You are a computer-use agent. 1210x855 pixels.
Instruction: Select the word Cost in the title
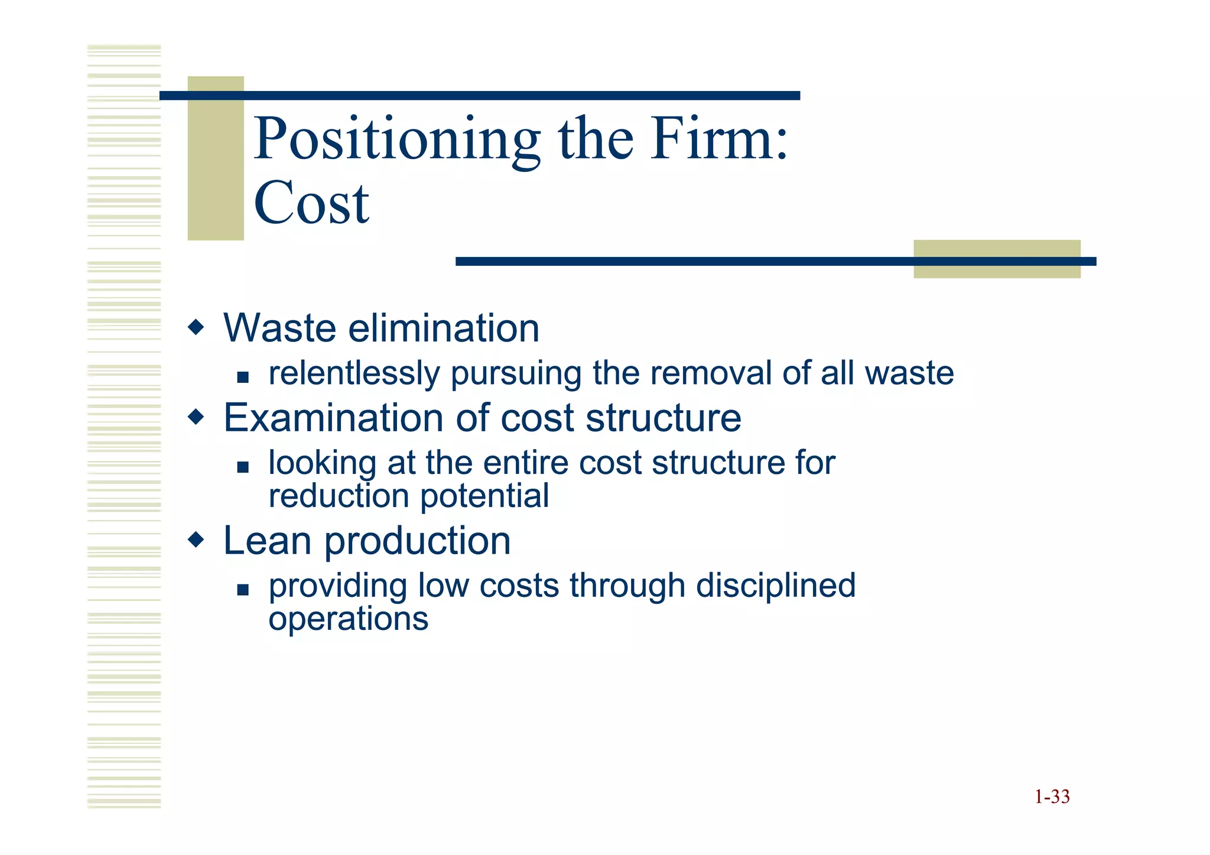coord(311,203)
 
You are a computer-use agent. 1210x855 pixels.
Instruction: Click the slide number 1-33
coord(1052,797)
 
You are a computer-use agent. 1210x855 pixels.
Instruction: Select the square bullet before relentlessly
coord(242,377)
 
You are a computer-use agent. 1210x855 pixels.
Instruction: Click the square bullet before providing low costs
coord(242,589)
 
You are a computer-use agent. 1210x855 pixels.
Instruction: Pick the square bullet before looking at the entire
coord(242,467)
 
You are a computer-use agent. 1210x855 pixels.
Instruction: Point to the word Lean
coord(267,541)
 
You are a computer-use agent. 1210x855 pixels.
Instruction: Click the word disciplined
coord(776,586)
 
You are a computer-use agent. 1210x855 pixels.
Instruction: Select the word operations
coord(348,619)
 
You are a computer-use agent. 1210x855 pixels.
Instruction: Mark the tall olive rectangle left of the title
coord(216,158)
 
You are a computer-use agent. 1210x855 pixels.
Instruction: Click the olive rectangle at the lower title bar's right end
coord(997,259)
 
